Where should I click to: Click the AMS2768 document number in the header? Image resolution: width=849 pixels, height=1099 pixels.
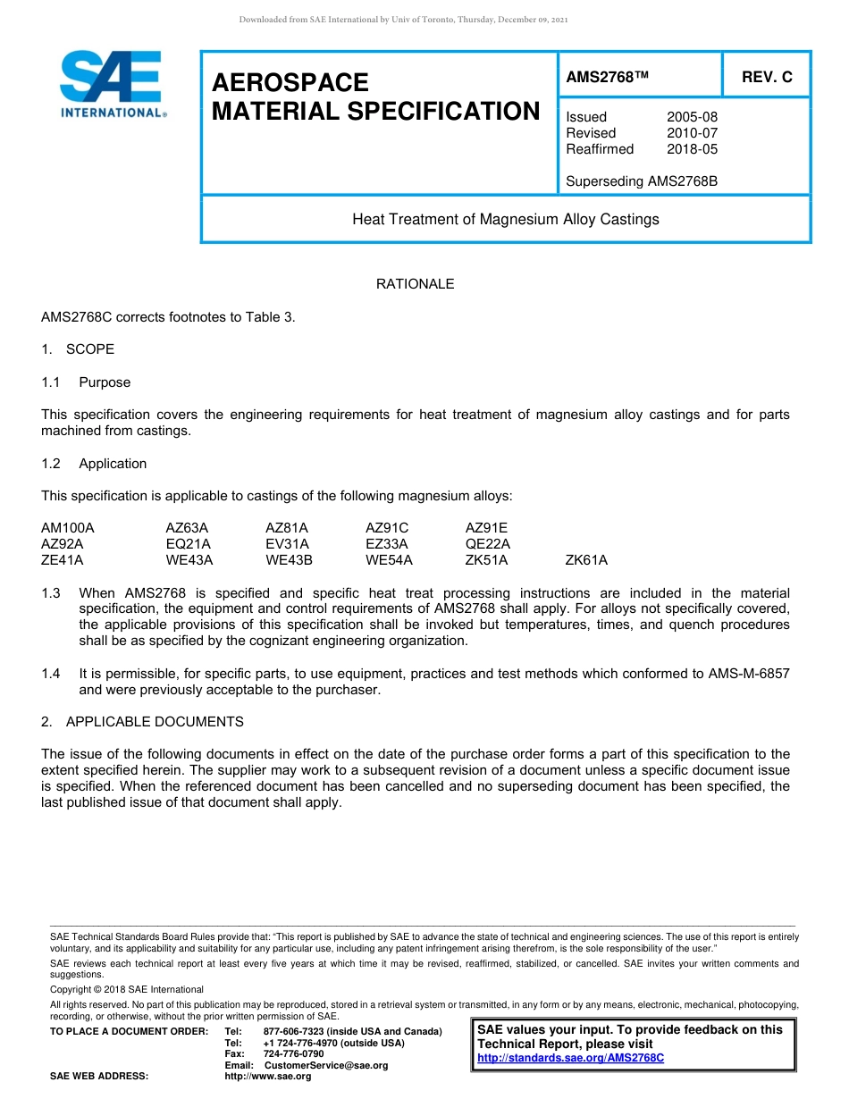pyautogui.click(x=606, y=78)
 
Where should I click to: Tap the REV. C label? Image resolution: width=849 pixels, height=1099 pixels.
pyautogui.click(x=766, y=78)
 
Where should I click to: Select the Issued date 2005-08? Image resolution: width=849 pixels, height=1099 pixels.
pyautogui.click(x=692, y=117)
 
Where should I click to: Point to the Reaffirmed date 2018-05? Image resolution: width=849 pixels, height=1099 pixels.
pyautogui.click(x=692, y=149)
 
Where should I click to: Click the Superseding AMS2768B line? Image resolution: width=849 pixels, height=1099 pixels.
pyautogui.click(x=642, y=181)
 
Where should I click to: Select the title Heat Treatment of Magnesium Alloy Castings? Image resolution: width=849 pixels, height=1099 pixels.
pyautogui.click(x=505, y=219)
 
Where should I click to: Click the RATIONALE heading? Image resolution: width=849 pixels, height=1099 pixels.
pyautogui.click(x=415, y=284)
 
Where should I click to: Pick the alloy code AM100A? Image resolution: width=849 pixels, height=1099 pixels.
pyautogui.click(x=67, y=528)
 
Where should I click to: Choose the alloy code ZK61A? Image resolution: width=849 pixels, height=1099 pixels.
pyautogui.click(x=586, y=560)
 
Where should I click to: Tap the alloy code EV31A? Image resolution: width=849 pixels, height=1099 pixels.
pyautogui.click(x=287, y=544)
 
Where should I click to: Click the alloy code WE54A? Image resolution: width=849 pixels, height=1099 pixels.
pyautogui.click(x=389, y=560)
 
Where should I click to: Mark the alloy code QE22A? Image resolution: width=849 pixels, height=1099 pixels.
pyautogui.click(x=488, y=544)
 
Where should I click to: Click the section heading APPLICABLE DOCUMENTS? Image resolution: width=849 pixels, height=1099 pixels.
pyautogui.click(x=155, y=721)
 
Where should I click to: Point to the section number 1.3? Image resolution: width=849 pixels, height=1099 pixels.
pyautogui.click(x=51, y=593)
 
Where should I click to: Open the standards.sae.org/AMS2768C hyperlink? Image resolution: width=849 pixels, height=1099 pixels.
pyautogui.click(x=571, y=1058)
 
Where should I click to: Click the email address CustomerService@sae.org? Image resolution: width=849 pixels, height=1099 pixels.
pyautogui.click(x=326, y=1065)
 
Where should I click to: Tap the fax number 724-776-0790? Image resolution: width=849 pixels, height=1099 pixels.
pyautogui.click(x=294, y=1054)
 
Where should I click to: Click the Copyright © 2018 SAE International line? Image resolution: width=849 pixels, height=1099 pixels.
pyautogui.click(x=127, y=989)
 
